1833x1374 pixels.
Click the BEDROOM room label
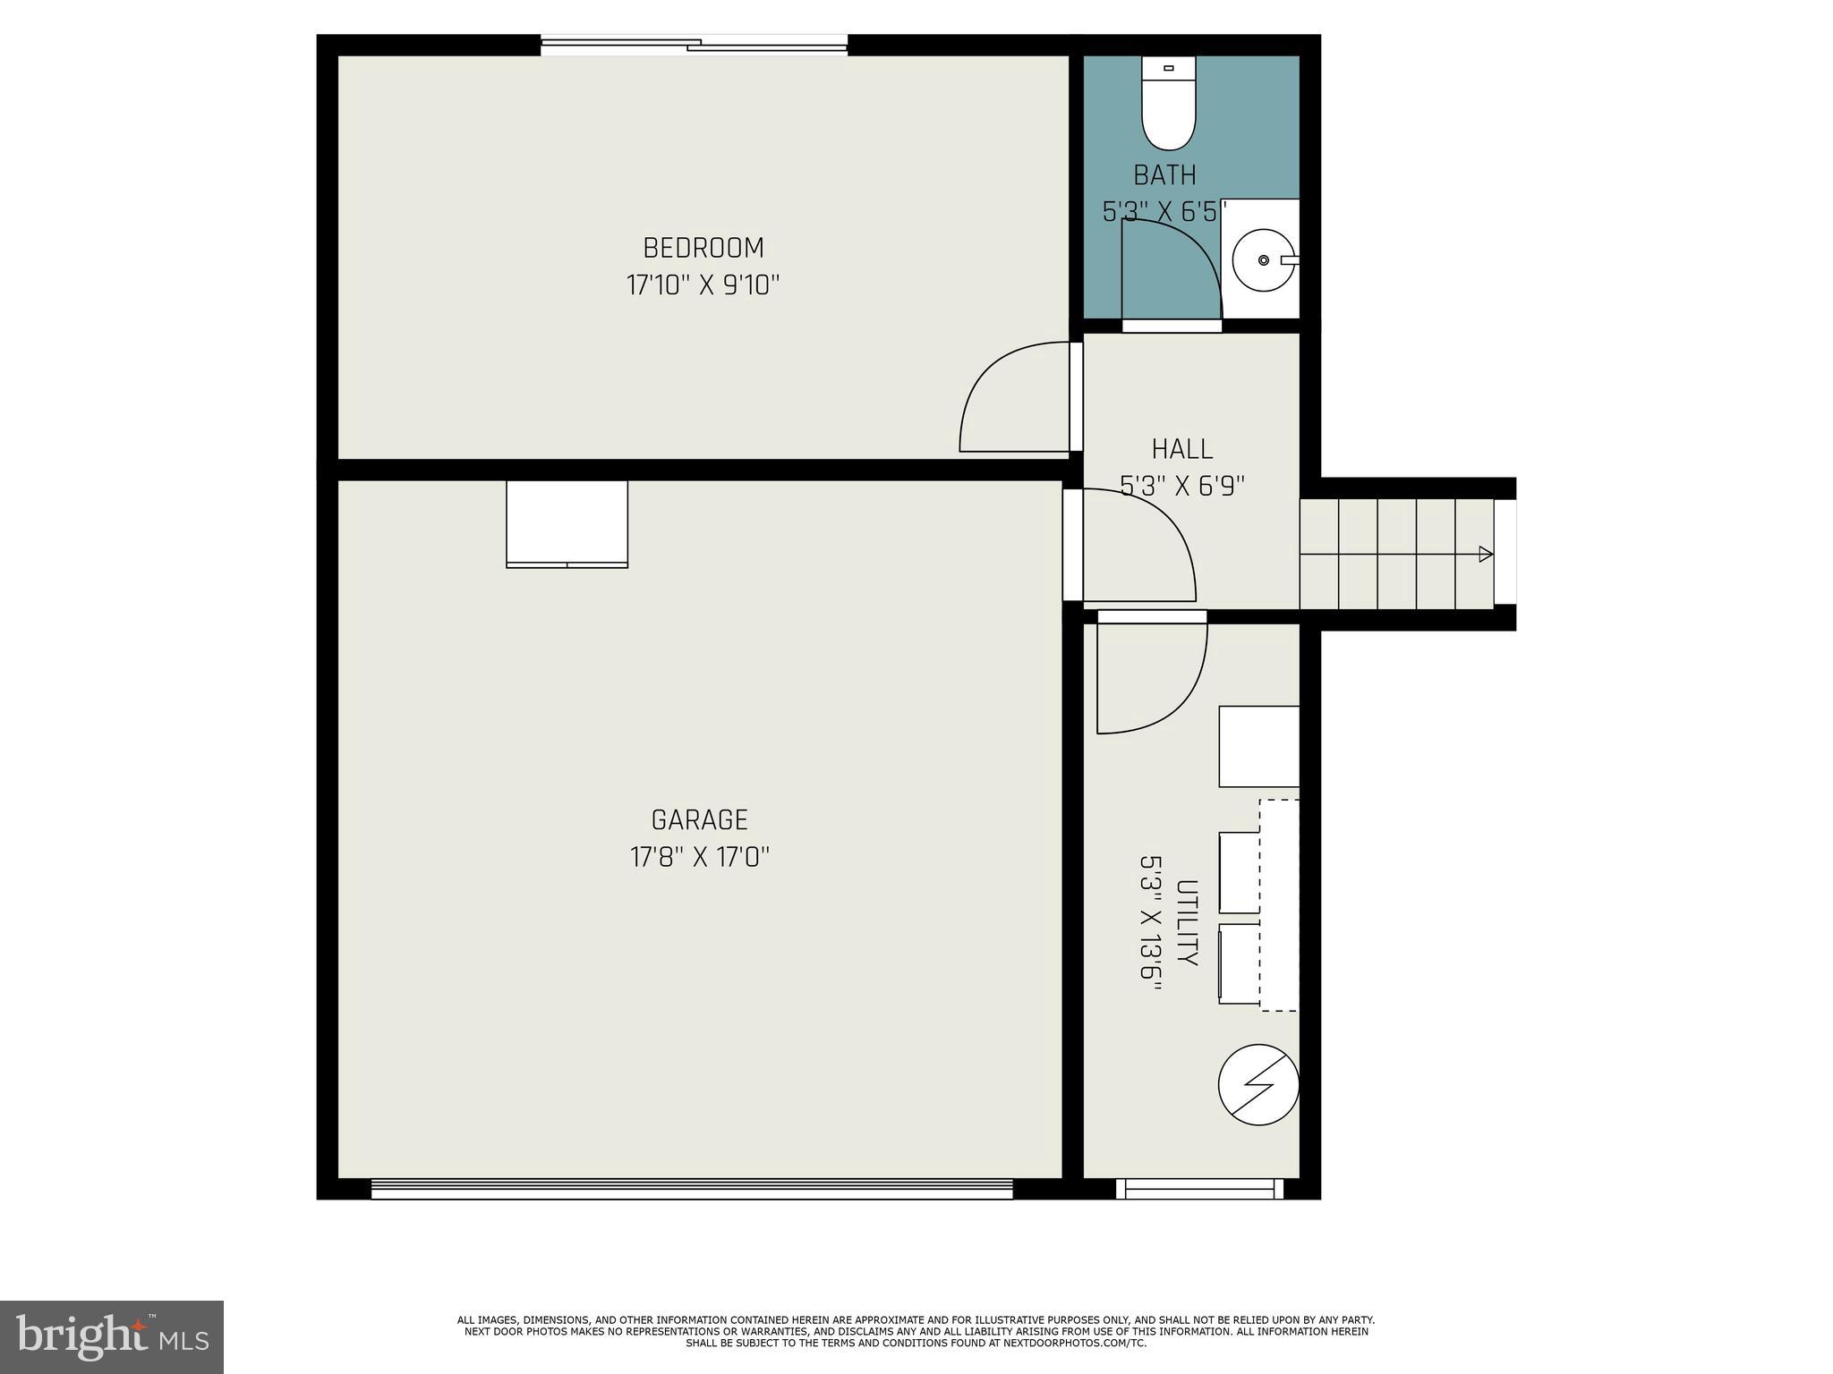click(703, 248)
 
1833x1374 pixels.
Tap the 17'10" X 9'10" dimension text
click(703, 286)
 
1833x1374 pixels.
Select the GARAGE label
click(699, 820)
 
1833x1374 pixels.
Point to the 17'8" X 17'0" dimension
click(699, 858)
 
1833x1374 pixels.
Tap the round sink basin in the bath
click(1262, 260)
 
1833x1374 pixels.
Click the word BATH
click(1164, 174)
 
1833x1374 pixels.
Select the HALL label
click(1182, 449)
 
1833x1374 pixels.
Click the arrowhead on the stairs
click(1486, 555)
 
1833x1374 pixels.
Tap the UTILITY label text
click(1187, 922)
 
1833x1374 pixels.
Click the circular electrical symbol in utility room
click(1258, 1084)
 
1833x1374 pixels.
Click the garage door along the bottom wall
click(691, 1189)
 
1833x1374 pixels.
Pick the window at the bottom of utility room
click(1199, 1189)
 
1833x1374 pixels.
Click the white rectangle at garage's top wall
click(567, 523)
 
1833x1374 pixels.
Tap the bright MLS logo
click(112, 1336)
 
